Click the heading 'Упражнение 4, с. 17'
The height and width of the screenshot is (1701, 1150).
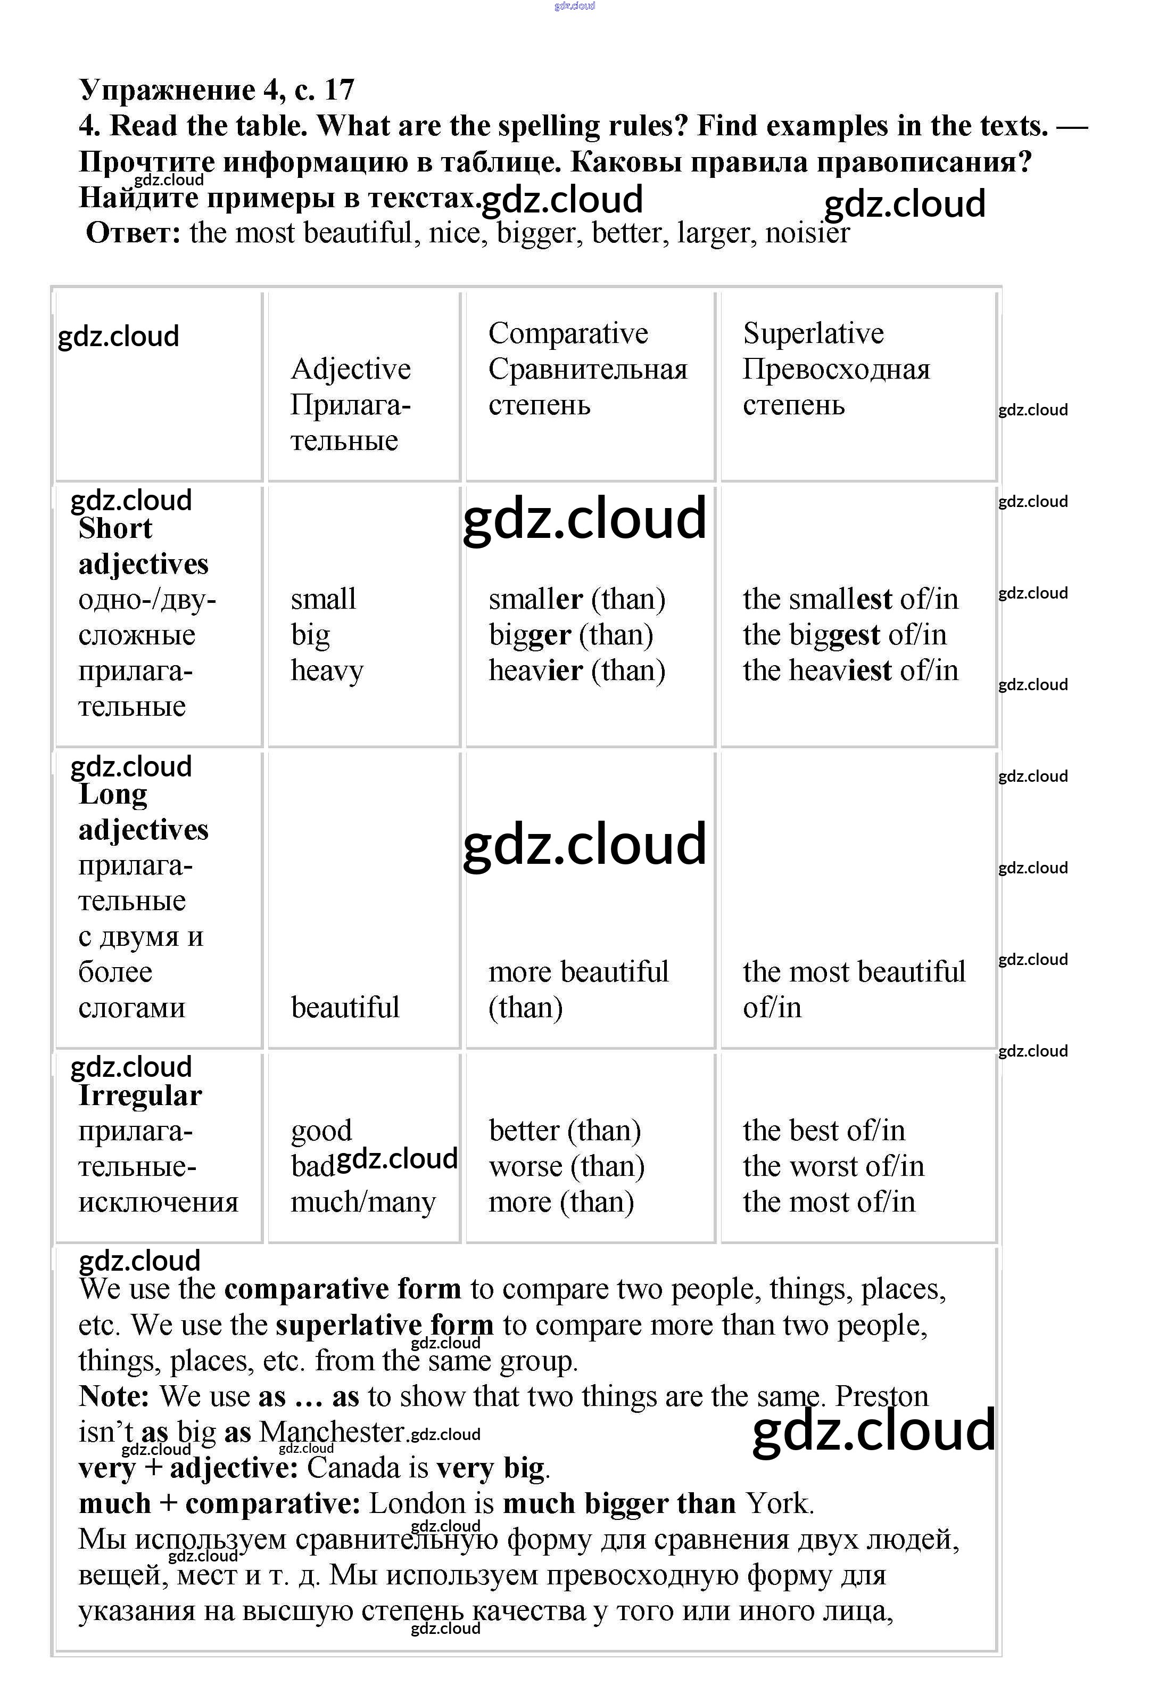pyautogui.click(x=217, y=90)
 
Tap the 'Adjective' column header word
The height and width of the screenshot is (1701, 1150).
pyautogui.click(x=350, y=369)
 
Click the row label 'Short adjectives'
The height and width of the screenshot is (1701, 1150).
pyautogui.click(x=143, y=546)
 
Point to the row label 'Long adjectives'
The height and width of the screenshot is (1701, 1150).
pyautogui.click(x=143, y=812)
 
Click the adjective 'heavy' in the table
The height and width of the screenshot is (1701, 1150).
pyautogui.click(x=326, y=671)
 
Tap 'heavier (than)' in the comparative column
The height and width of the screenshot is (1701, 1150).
pyautogui.click(x=576, y=671)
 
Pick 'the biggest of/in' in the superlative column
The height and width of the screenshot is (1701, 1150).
pyautogui.click(x=844, y=635)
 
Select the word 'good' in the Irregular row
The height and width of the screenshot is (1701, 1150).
pyautogui.click(x=321, y=1131)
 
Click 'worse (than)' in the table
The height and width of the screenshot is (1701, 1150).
pyautogui.click(x=566, y=1167)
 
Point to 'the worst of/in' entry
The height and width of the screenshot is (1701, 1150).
pyautogui.click(x=833, y=1167)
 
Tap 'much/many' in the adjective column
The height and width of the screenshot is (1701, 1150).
pyautogui.click(x=363, y=1203)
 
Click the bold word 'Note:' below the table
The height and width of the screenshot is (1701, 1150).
pyautogui.click(x=113, y=1396)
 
